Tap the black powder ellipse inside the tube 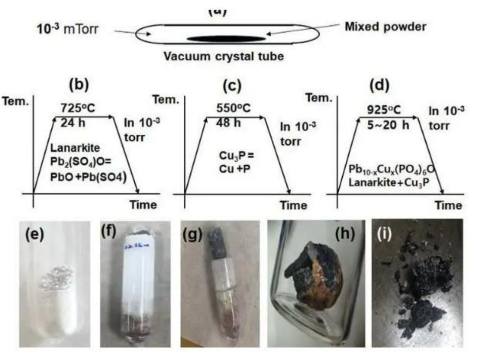point(226,38)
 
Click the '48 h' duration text point(229,122)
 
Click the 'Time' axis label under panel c point(294,205)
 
